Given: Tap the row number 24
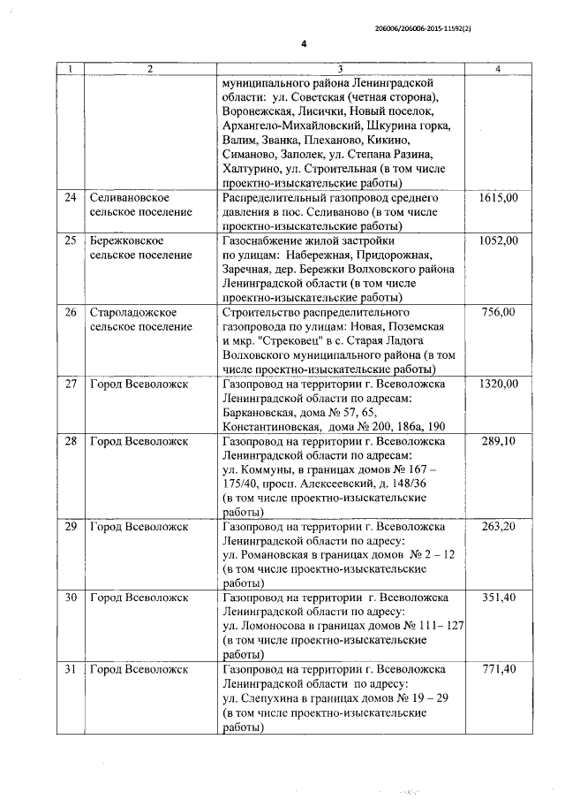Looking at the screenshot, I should [71, 198].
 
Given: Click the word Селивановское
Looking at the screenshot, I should [129, 198].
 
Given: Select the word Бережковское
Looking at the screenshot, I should [126, 240].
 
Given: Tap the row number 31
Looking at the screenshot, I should [71, 670].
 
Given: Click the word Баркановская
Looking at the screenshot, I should [262, 413].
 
